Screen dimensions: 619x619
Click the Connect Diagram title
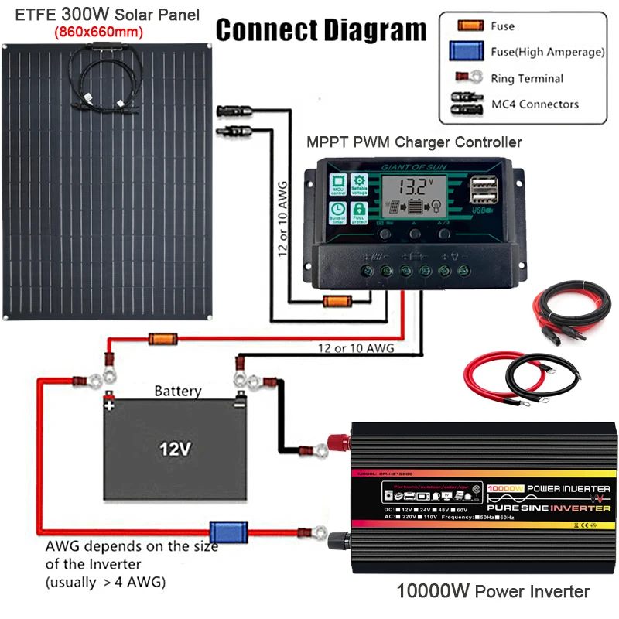click(x=320, y=30)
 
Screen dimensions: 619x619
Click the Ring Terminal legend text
click(x=528, y=78)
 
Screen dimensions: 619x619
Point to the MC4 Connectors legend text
click(x=535, y=104)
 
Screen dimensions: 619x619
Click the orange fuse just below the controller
click(x=337, y=301)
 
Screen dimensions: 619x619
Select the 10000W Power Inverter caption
click(x=493, y=592)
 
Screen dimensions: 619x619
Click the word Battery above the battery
click(x=177, y=391)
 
